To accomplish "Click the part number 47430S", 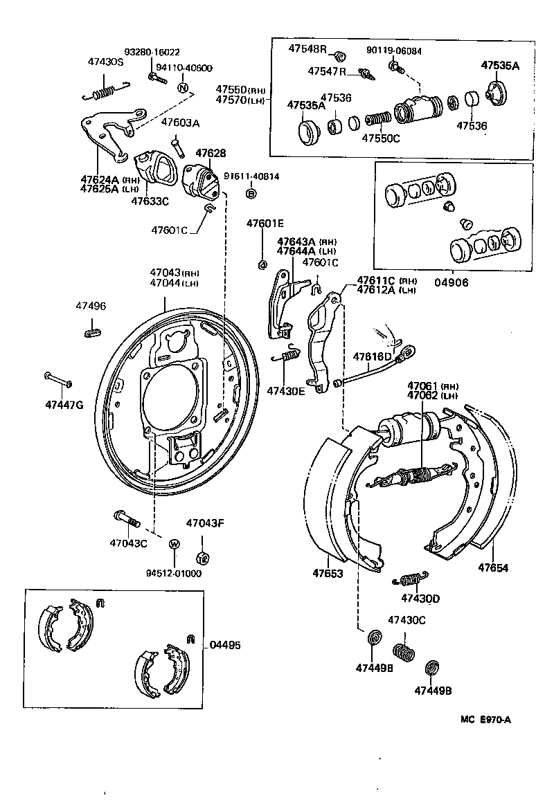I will point(105,62).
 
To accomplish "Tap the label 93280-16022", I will point(152,53).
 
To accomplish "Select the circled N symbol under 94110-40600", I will point(183,88).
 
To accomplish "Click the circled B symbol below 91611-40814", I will point(251,194).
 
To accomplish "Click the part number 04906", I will point(451,282).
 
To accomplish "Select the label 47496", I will point(91,305).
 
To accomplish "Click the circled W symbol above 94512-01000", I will point(175,544).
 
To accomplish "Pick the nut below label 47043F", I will point(203,556).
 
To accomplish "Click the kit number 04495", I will point(225,645).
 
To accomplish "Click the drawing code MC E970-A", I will point(485,719).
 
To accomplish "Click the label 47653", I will point(328,573).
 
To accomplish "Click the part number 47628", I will point(211,153).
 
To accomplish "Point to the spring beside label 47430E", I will point(287,356).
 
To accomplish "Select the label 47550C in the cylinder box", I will point(381,138).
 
